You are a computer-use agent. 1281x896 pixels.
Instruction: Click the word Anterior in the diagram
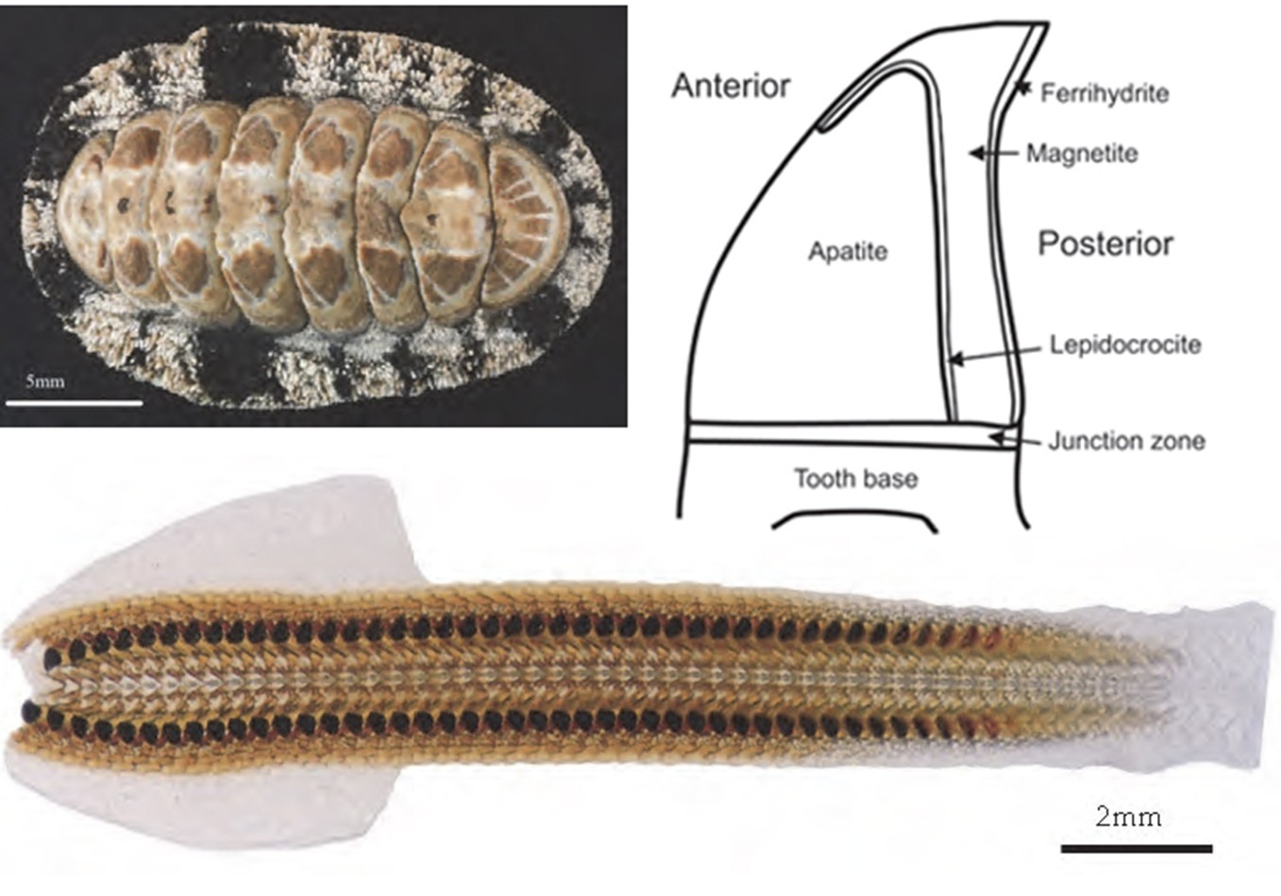point(731,86)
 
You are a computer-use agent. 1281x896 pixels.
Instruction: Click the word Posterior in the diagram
point(1105,245)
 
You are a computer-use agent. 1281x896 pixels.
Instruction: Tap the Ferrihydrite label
point(1104,93)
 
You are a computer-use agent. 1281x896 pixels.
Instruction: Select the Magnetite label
point(1082,154)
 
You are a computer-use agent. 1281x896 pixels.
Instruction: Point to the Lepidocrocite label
point(1125,345)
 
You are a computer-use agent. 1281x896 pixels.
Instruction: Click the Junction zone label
point(1126,442)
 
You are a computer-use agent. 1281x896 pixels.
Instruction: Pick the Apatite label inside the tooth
point(848,252)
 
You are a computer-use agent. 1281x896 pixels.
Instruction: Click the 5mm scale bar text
point(44,381)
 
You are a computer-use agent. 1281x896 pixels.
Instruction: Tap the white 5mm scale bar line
point(74,404)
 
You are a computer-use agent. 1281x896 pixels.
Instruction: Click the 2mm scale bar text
point(1128,818)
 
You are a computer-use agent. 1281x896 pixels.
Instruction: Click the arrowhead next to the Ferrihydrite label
point(1023,89)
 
